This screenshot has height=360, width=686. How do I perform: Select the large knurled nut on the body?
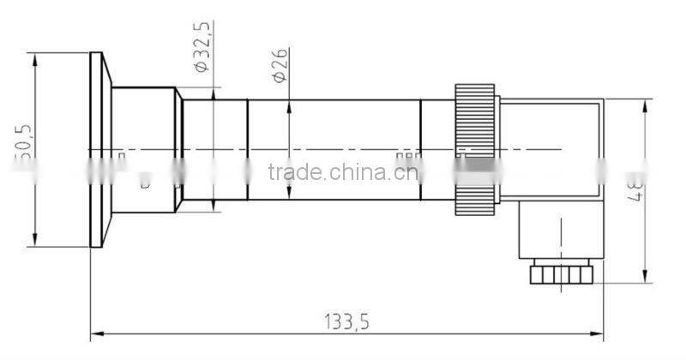(x=476, y=151)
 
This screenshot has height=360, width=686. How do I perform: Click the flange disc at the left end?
(x=98, y=151)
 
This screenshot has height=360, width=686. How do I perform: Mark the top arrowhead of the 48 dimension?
(x=644, y=105)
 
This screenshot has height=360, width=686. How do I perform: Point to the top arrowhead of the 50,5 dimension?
(x=36, y=58)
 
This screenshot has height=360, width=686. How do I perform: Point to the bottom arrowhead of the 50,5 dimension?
(x=36, y=241)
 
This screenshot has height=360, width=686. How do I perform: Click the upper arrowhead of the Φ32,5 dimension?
(x=213, y=94)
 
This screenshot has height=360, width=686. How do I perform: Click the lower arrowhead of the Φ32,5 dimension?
(x=213, y=206)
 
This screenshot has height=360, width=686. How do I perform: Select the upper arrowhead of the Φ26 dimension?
(x=290, y=105)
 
